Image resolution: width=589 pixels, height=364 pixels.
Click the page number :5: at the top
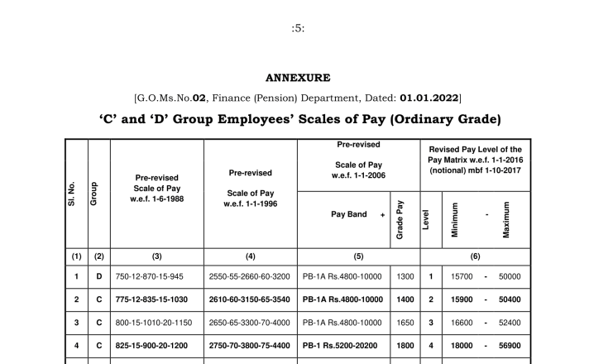[x=298, y=28]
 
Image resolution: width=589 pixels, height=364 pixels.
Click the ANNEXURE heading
[x=298, y=79]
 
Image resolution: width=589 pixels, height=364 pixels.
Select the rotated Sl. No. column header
[x=76, y=194]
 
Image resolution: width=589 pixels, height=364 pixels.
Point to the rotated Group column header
[x=98, y=194]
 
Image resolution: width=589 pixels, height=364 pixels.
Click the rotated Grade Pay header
[x=400, y=219]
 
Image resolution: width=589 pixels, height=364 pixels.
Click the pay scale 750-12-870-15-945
[x=156, y=276]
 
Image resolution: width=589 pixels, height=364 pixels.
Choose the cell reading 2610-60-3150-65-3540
[x=250, y=299]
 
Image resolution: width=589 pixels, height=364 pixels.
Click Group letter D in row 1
[x=98, y=276]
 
